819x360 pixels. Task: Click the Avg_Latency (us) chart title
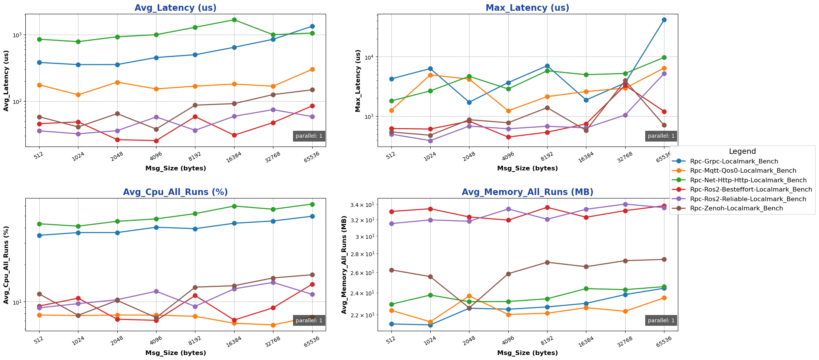175,8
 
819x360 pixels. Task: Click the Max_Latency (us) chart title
527,8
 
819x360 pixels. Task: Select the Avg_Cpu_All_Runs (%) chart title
175,192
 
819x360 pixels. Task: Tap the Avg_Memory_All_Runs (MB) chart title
527,192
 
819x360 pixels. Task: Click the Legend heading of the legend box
742,152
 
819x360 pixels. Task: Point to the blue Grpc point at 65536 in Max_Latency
664,20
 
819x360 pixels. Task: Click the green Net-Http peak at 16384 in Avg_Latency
234,20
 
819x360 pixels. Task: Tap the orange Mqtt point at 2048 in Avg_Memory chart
469,296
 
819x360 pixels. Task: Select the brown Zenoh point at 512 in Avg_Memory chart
391,270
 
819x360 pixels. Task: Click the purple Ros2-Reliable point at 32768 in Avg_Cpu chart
273,282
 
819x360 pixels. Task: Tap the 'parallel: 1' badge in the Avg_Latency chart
309,136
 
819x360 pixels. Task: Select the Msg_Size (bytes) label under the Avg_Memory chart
527,353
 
